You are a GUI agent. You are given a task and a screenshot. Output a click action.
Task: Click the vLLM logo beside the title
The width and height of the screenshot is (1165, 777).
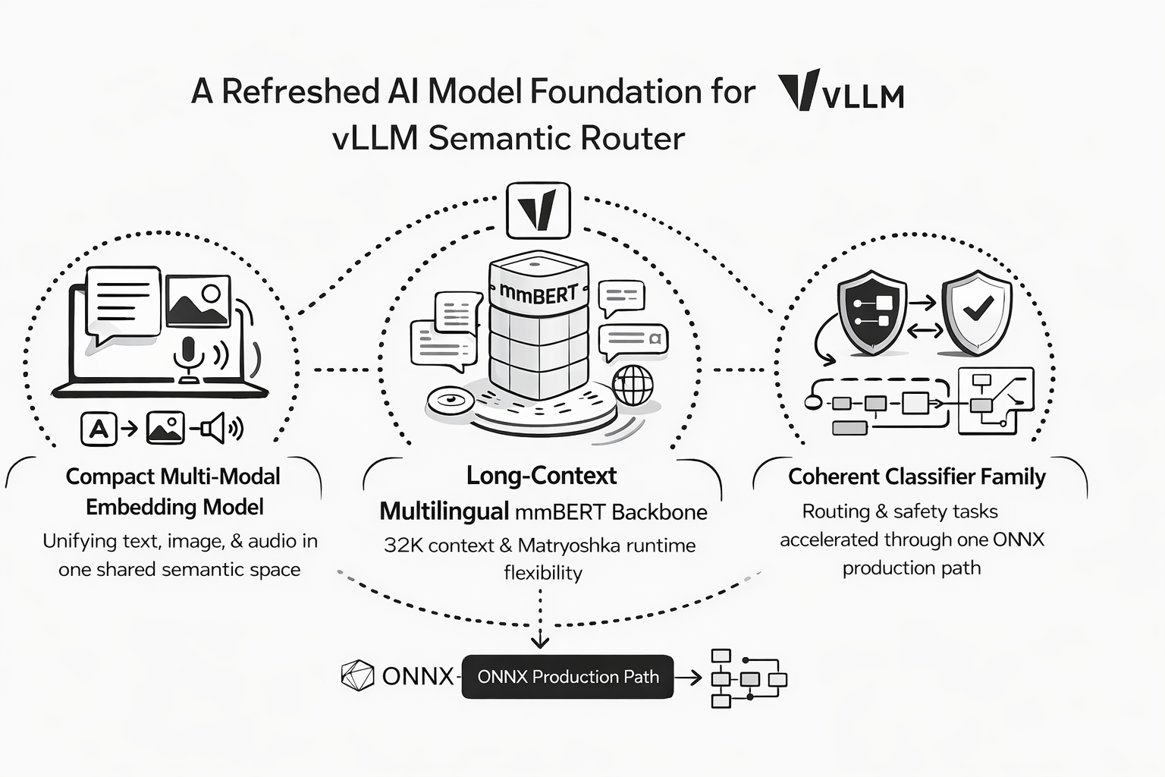(840, 91)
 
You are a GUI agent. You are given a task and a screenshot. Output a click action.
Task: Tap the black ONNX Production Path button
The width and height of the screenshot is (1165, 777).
(567, 677)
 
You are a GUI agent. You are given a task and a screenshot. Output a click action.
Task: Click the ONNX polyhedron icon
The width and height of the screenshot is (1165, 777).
(357, 676)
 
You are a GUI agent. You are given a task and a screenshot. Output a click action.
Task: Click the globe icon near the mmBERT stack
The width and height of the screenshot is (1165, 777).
(632, 385)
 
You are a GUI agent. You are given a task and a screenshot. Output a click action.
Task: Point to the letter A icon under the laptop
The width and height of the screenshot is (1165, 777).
(99, 429)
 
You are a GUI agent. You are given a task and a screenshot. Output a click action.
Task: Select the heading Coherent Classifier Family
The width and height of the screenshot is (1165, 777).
(916, 477)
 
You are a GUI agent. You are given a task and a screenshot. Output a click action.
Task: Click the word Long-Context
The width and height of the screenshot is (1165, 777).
(542, 476)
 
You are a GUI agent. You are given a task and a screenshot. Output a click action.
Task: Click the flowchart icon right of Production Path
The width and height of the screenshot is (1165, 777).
(747, 678)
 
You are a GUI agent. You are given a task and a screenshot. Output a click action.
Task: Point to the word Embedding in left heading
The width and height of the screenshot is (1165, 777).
(137, 507)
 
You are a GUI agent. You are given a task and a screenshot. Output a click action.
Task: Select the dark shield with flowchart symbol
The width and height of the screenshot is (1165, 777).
(871, 311)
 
